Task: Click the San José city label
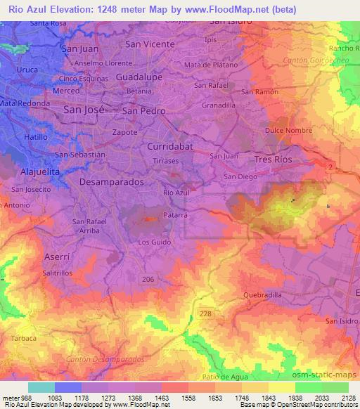coord(84,110)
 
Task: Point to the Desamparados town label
coord(111,181)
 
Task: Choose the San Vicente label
coord(149,43)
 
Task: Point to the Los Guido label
coord(154,242)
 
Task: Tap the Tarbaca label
coord(24,337)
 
